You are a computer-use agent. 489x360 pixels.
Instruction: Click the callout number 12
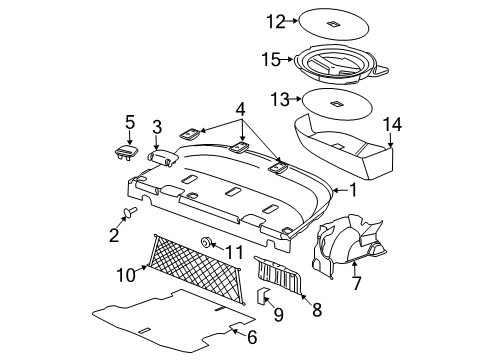point(276,22)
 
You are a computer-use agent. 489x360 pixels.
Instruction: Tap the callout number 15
point(271,60)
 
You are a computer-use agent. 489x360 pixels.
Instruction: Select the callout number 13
point(280,99)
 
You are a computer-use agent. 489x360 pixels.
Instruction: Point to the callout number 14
point(392,124)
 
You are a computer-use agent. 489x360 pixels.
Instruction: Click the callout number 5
point(130,122)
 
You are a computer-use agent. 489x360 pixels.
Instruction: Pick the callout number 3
point(157,127)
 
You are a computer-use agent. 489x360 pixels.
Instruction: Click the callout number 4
point(240,109)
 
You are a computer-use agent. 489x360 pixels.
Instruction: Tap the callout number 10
point(126,276)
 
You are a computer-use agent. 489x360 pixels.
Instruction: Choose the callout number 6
point(252,337)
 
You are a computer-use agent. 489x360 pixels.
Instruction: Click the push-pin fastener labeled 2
point(130,211)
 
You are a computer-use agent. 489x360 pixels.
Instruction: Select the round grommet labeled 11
point(205,242)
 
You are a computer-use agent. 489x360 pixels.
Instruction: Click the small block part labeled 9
point(262,295)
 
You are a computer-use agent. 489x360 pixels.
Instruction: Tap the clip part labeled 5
point(125,153)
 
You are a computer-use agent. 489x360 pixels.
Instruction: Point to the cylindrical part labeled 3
point(162,156)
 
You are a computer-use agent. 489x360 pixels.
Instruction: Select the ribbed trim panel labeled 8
point(278,274)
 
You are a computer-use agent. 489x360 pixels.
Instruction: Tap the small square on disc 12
point(333,24)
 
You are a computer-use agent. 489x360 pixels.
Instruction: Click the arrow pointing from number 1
point(340,190)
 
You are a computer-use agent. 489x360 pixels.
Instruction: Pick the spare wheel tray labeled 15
point(340,65)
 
